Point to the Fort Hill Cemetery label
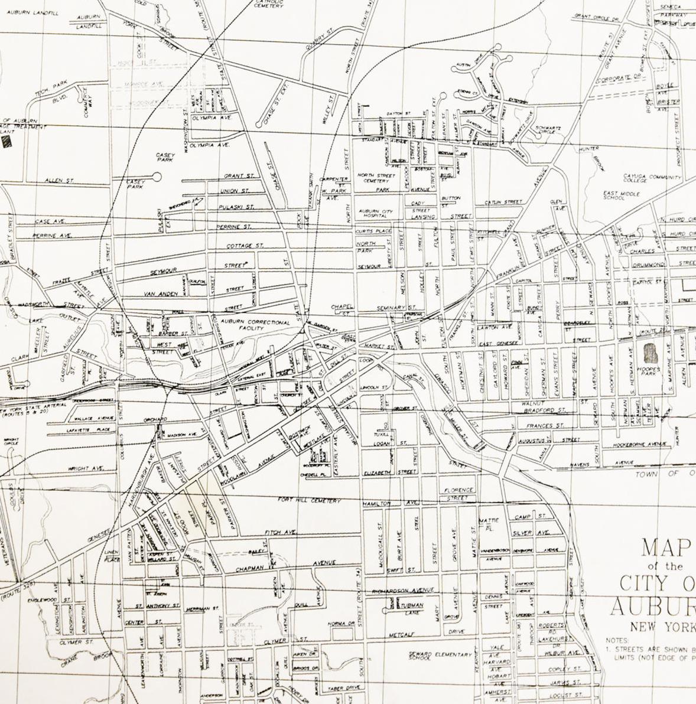(x=309, y=500)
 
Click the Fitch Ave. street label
(x=280, y=533)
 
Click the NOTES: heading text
(x=617, y=640)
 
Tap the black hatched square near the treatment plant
(x=7, y=141)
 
